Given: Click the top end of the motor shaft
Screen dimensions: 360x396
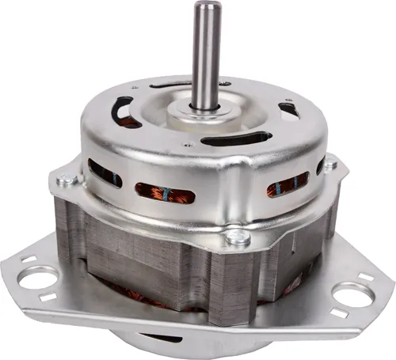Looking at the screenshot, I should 208,9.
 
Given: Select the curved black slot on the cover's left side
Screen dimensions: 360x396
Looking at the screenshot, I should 124,111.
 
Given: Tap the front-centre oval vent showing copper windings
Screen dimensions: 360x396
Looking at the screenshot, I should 165,192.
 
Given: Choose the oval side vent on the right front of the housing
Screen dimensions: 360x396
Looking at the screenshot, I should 286,187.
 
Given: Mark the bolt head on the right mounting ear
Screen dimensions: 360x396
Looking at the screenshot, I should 329,164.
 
